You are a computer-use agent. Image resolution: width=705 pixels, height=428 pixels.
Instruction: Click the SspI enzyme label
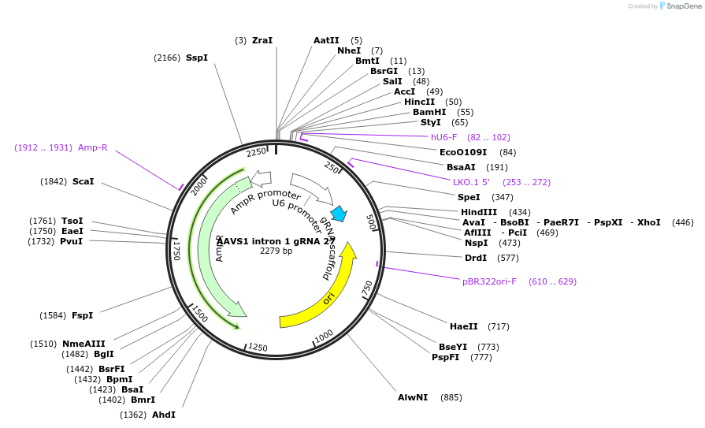click(x=197, y=58)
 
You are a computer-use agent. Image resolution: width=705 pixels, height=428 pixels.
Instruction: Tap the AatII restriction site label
click(x=326, y=40)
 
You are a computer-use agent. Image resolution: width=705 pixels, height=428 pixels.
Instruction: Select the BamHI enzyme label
click(x=429, y=112)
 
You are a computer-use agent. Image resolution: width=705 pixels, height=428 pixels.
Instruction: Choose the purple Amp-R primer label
click(x=93, y=147)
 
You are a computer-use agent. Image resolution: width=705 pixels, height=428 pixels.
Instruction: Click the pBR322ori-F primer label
click(x=490, y=281)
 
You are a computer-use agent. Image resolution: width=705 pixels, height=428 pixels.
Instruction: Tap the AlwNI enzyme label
click(x=413, y=397)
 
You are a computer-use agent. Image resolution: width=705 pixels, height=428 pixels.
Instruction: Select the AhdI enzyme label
click(x=164, y=415)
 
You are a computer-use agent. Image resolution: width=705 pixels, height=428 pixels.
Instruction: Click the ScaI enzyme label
click(x=83, y=181)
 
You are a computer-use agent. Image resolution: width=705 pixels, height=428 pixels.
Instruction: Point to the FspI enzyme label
click(x=83, y=315)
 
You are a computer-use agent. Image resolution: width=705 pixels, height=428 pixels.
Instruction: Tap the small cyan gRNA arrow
click(x=339, y=214)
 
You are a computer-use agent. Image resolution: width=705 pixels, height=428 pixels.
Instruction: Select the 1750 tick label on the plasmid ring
click(x=176, y=251)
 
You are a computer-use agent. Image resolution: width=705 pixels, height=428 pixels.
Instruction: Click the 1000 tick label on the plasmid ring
click(x=324, y=337)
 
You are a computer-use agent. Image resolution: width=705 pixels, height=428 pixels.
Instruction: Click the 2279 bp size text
click(x=276, y=251)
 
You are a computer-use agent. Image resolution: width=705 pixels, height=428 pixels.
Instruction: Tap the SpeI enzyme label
click(x=469, y=197)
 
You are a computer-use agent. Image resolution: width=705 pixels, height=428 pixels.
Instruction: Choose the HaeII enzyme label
click(x=464, y=326)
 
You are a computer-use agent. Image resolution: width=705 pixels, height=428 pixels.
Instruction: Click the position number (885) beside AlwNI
click(x=451, y=397)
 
